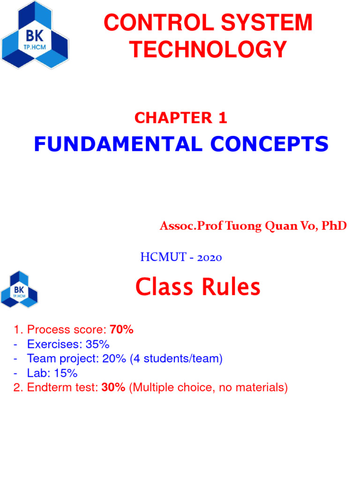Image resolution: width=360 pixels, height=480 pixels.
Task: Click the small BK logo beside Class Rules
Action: click(20, 289)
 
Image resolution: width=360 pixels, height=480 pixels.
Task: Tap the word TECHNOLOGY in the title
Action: click(209, 49)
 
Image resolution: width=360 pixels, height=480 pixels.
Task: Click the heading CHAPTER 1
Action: click(180, 118)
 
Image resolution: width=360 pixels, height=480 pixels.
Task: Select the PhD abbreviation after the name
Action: click(335, 226)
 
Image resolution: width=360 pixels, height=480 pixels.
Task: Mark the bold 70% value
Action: click(121, 330)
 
